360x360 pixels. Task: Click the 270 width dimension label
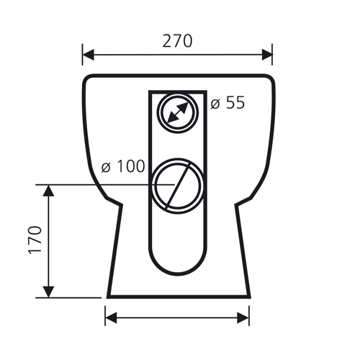tap(177, 41)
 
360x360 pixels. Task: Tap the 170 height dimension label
tap(35, 240)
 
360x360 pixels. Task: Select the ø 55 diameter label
tap(228, 103)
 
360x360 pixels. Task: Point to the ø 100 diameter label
tap(123, 166)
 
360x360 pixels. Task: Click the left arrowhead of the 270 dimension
tap(88, 55)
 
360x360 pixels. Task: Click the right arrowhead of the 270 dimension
tap(267, 55)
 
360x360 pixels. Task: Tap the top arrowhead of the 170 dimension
tap(48, 191)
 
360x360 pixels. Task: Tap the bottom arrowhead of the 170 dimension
tap(48, 292)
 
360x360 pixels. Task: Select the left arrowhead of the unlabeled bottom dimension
tap(111, 318)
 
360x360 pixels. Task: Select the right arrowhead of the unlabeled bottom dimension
tap(243, 318)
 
